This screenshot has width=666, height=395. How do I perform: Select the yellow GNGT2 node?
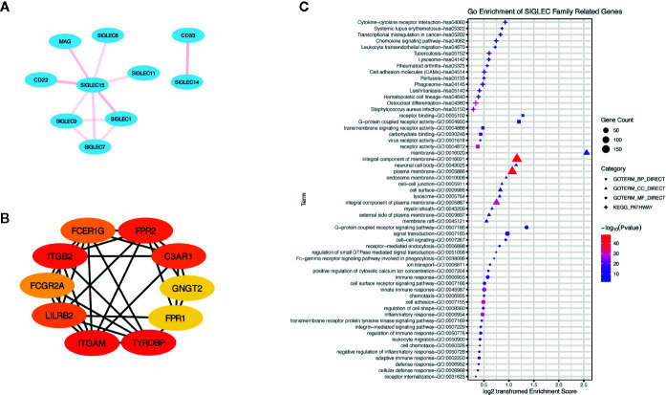tap(204, 287)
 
